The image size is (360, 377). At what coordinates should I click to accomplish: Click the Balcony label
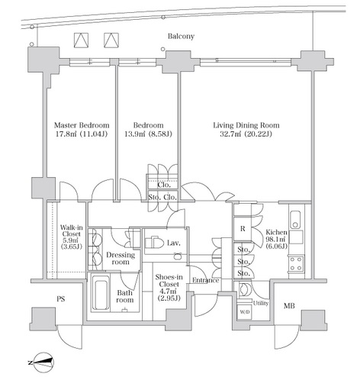click(x=181, y=36)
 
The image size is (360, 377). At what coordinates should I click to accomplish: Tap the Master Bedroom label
click(x=82, y=125)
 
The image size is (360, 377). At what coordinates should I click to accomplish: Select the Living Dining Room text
click(x=246, y=125)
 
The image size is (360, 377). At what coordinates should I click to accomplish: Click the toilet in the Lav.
click(x=154, y=243)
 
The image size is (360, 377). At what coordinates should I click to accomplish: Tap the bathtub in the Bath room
click(x=101, y=295)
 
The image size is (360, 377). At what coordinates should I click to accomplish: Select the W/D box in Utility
click(x=244, y=311)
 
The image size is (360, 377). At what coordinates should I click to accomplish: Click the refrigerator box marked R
click(x=243, y=229)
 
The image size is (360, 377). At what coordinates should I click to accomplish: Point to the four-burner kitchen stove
click(x=296, y=264)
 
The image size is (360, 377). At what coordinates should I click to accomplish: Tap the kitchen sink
click(x=295, y=220)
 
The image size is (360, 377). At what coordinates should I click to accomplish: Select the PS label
click(x=60, y=299)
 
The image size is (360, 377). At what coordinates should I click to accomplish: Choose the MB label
click(x=289, y=306)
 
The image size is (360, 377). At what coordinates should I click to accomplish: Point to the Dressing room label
click(x=121, y=258)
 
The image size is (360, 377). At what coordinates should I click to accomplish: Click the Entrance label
click(x=206, y=280)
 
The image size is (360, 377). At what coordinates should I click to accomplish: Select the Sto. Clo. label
click(x=162, y=197)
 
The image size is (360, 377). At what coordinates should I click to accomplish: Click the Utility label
click(x=261, y=303)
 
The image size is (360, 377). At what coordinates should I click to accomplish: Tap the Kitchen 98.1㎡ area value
click(x=277, y=239)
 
